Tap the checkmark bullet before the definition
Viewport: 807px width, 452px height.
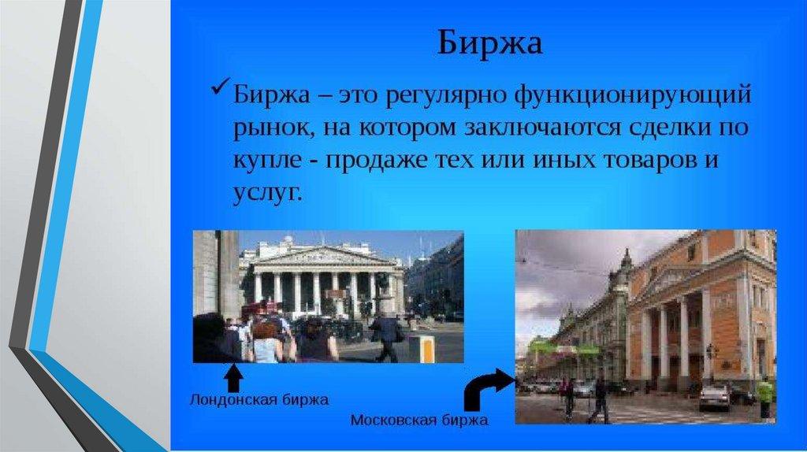tap(220, 87)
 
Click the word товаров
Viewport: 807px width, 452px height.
tap(648, 160)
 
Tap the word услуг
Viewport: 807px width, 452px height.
tap(266, 194)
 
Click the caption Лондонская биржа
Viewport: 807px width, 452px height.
tap(258, 399)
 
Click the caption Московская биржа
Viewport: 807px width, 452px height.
tap(419, 421)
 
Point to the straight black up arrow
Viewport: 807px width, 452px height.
tap(233, 377)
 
